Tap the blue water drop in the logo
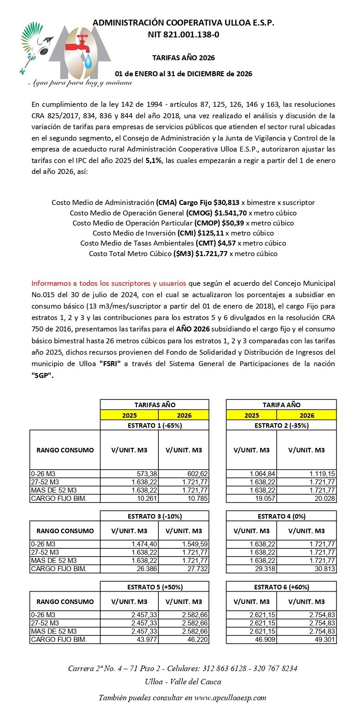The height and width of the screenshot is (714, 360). pos(100,60)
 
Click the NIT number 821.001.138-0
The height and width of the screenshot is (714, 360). pos(183,34)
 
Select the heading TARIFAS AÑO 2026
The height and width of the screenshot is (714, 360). pos(183,58)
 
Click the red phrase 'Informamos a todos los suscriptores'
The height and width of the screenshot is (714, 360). pos(109,283)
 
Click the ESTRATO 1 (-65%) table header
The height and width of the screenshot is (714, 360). pos(155,425)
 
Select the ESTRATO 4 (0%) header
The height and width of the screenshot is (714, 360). pos(282,516)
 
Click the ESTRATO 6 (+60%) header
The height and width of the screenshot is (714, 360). pos(282,587)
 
